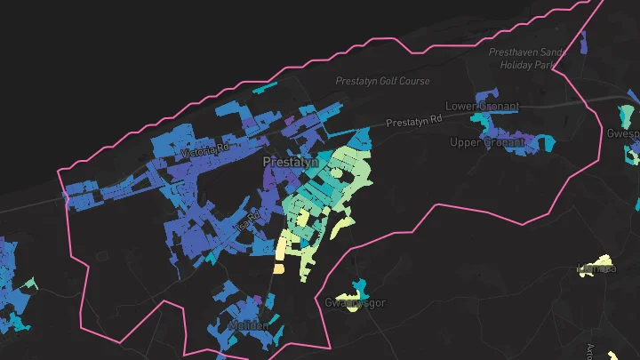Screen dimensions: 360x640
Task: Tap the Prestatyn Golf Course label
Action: point(382,81)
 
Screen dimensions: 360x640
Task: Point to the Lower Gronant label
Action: point(480,106)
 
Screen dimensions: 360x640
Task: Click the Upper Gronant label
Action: point(483,142)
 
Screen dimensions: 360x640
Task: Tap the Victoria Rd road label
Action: point(204,153)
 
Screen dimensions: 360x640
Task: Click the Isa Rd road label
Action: point(246,220)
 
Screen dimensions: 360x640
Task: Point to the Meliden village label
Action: point(248,326)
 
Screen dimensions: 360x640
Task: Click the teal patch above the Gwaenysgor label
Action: point(358,289)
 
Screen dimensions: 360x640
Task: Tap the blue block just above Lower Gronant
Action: point(486,93)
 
